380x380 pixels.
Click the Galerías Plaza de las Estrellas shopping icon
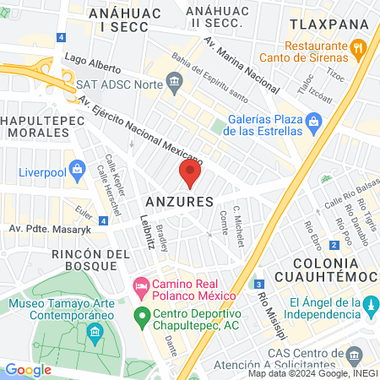(314, 122)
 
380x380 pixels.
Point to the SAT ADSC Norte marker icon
(176, 82)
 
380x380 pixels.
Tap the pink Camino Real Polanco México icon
(141, 289)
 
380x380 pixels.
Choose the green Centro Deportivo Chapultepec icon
(141, 320)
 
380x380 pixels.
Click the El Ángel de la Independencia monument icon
(368, 303)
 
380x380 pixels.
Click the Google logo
(28, 369)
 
